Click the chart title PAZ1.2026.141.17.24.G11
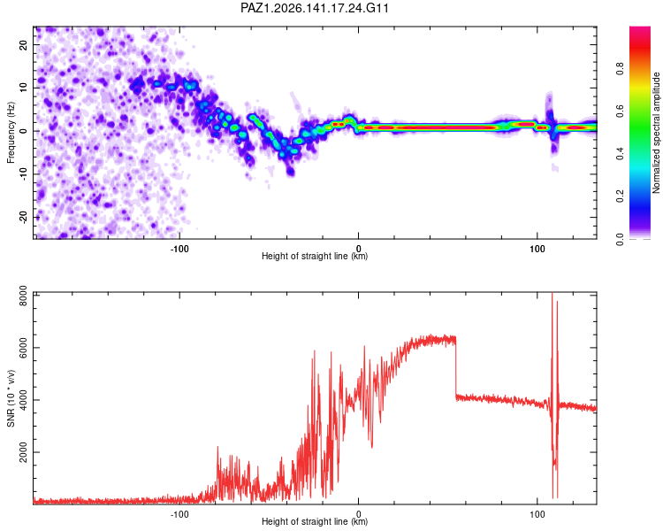[314, 8]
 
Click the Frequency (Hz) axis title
[11, 133]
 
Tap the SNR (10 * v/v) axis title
[11, 398]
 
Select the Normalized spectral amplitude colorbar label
[656, 133]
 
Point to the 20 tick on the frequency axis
[23, 44]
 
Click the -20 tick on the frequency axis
[23, 218]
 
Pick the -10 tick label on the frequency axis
[23, 174]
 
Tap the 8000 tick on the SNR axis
[23, 296]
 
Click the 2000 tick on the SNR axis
[23, 452]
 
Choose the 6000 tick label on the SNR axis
[23, 348]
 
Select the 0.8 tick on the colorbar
[620, 69]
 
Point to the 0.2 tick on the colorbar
[620, 196]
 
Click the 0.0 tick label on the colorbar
[620, 239]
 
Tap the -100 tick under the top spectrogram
[179, 249]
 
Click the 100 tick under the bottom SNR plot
[537, 514]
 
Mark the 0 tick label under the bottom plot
[359, 514]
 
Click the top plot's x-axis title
[315, 256]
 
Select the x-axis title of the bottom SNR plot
[315, 521]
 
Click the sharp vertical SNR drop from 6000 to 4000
[456, 367]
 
